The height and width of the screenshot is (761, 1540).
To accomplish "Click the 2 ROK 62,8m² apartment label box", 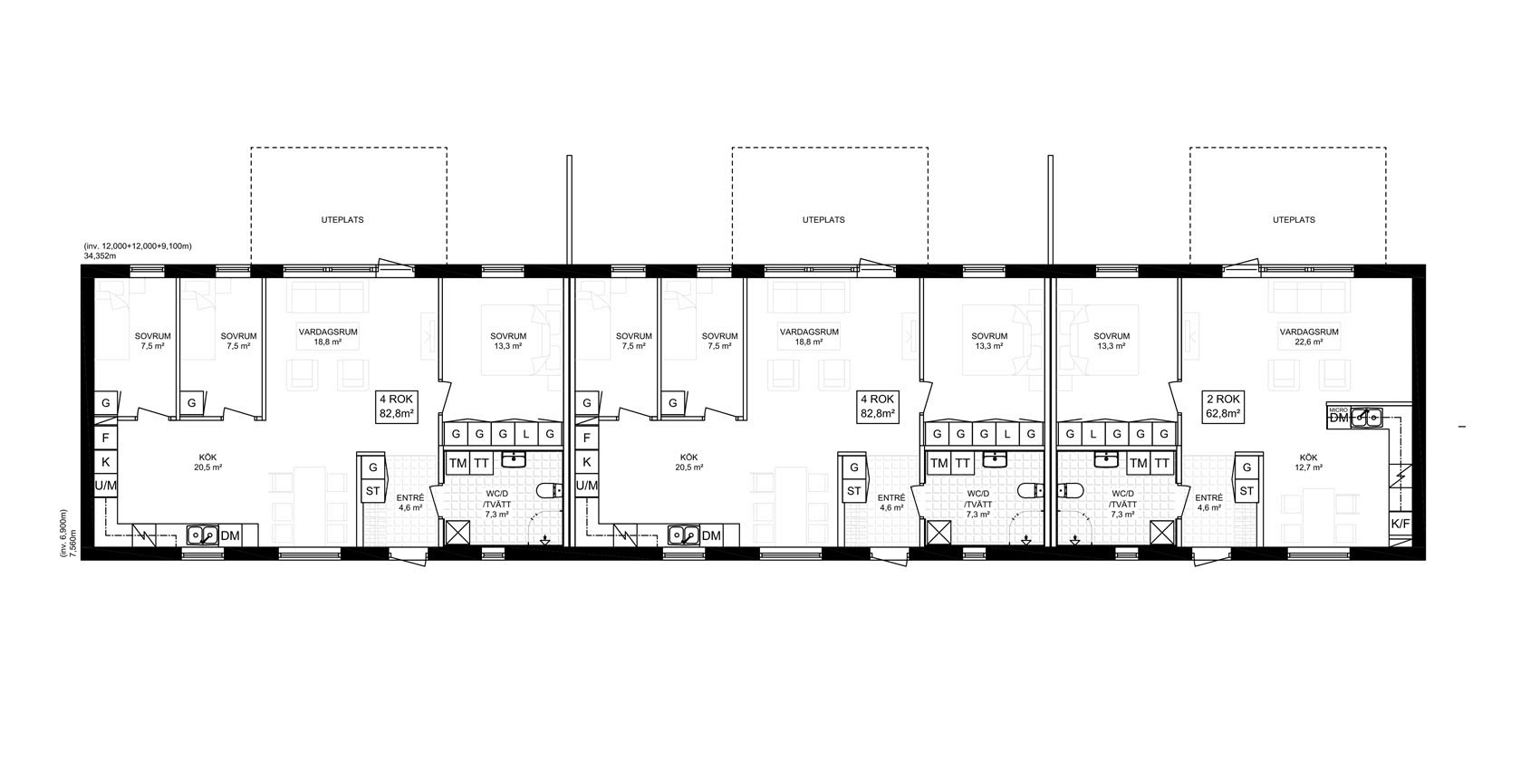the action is pyautogui.click(x=1224, y=406).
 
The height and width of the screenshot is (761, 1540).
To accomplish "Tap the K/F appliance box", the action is pyautogui.click(x=1400, y=524).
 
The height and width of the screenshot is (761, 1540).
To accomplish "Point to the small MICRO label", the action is pyautogui.click(x=1338, y=409).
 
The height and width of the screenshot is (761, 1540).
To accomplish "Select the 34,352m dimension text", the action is pyautogui.click(x=101, y=255).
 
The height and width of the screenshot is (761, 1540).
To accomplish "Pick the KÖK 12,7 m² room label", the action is pyautogui.click(x=1308, y=462).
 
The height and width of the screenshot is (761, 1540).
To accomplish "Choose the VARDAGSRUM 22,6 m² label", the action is pyautogui.click(x=1309, y=336).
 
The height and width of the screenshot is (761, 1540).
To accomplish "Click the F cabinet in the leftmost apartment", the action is pyautogui.click(x=106, y=438).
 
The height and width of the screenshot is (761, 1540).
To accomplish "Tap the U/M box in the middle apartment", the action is pyautogui.click(x=586, y=486).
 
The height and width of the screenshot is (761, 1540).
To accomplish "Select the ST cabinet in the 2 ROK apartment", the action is pyautogui.click(x=1246, y=491).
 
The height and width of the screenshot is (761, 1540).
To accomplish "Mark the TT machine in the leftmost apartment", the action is pyautogui.click(x=481, y=463).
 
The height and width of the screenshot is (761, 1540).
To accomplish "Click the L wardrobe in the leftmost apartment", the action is pyautogui.click(x=526, y=435).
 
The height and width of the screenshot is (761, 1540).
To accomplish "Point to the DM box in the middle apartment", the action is pyautogui.click(x=711, y=535).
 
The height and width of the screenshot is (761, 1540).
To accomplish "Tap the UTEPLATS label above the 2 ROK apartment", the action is pyautogui.click(x=1294, y=220).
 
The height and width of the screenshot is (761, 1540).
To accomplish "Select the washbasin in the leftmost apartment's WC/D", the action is pyautogui.click(x=514, y=459).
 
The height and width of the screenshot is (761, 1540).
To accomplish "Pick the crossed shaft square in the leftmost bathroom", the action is pyautogui.click(x=457, y=533).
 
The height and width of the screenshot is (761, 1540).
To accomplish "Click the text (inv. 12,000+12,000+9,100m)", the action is pyautogui.click(x=138, y=246).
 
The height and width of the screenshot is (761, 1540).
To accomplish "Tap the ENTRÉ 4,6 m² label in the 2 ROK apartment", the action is pyautogui.click(x=1208, y=503).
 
